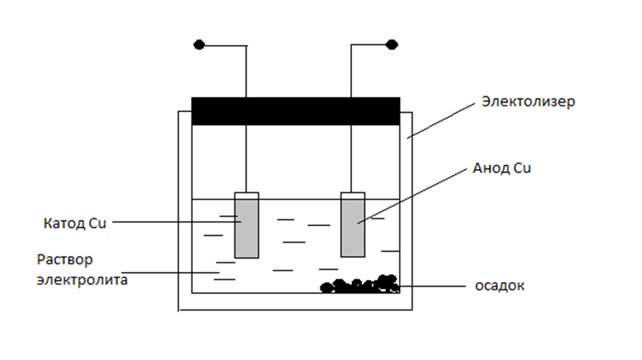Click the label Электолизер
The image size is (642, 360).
click(x=528, y=102)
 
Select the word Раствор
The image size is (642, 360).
click(x=65, y=260)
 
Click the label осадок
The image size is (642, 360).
click(x=499, y=286)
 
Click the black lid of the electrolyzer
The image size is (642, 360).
click(x=295, y=111)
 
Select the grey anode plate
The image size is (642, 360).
click(x=353, y=228)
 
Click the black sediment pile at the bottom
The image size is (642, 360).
click(x=361, y=285)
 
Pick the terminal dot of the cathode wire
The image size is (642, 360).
click(x=200, y=45)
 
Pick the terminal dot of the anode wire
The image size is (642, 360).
click(x=392, y=45)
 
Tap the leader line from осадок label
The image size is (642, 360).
click(x=434, y=286)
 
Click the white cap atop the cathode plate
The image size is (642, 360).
click(x=247, y=195)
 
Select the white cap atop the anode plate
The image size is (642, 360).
click(x=353, y=195)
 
